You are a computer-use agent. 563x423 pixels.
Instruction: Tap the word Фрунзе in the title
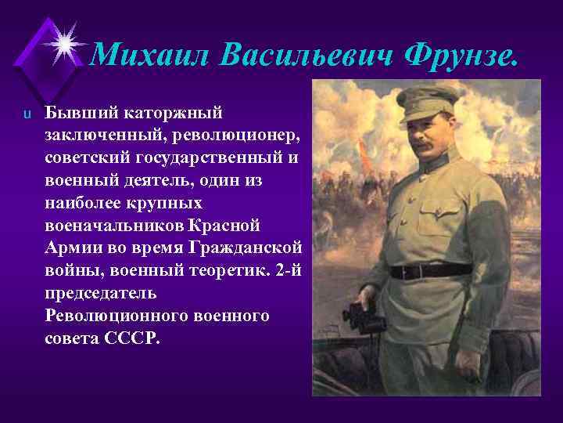tap(459, 54)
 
